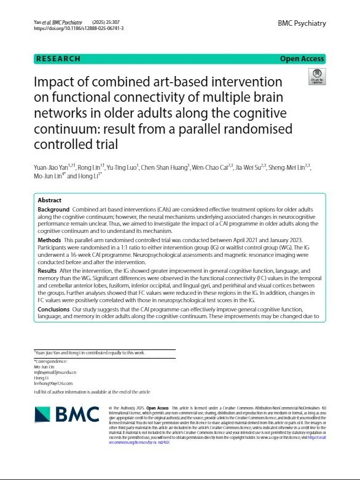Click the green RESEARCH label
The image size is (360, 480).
click(59, 59)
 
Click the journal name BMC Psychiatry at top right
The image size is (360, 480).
click(302, 23)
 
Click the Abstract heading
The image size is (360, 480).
click(50, 200)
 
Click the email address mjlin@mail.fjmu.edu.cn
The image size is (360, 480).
click(60, 372)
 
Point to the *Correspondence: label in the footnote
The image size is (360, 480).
click(50, 361)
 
